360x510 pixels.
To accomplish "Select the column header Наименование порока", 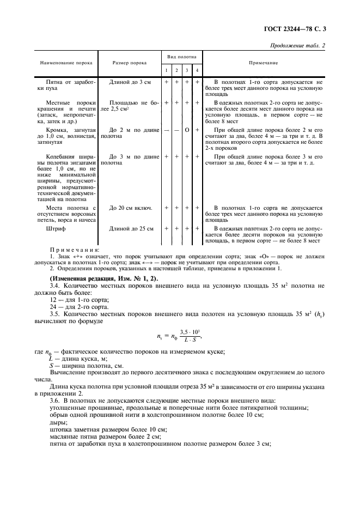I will coord(66,63).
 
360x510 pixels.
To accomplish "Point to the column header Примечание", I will coord(264,63).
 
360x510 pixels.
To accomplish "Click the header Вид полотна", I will coord(182,57).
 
